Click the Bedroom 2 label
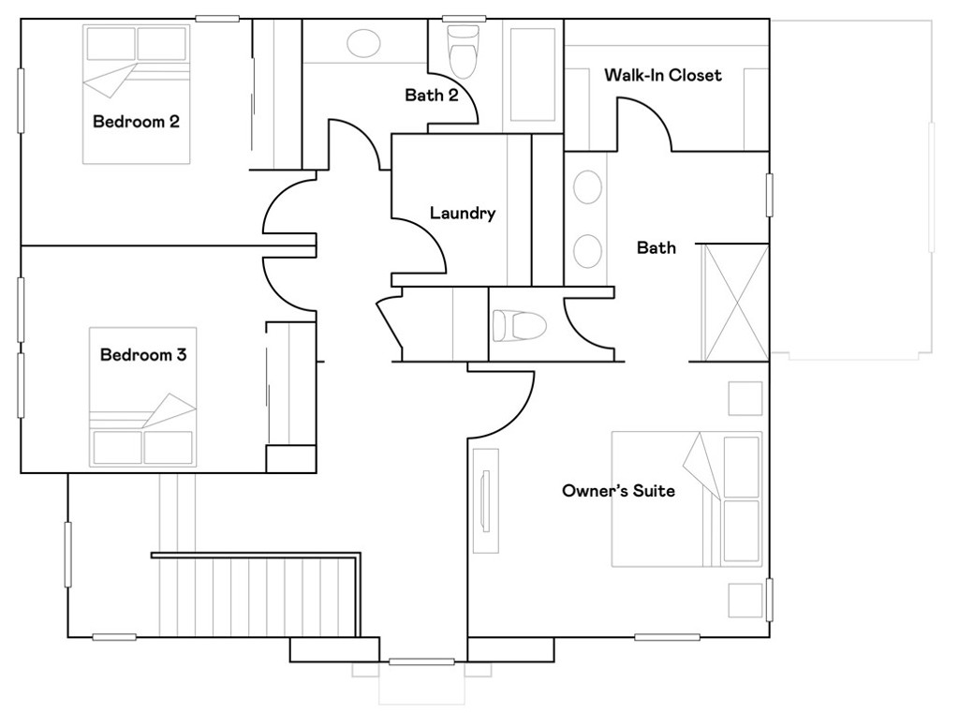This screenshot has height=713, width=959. (x=136, y=122)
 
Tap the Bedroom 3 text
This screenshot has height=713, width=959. (x=143, y=355)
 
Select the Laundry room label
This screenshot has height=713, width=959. (x=462, y=214)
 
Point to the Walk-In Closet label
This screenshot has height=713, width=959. (x=662, y=75)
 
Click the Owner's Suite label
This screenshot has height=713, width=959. (x=618, y=491)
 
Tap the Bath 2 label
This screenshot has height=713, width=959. (x=431, y=95)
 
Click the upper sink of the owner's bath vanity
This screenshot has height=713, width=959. (x=587, y=187)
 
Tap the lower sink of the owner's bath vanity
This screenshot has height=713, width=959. (x=587, y=250)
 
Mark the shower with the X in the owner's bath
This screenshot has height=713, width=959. (x=735, y=303)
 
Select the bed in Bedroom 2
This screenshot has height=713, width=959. (x=137, y=94)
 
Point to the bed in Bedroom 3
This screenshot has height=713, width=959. (x=142, y=397)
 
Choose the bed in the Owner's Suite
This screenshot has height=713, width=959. (x=686, y=498)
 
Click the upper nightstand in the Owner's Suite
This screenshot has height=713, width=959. (x=745, y=398)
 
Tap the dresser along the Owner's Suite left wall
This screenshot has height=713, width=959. (x=485, y=500)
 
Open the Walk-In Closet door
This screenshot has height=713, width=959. (x=646, y=122)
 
